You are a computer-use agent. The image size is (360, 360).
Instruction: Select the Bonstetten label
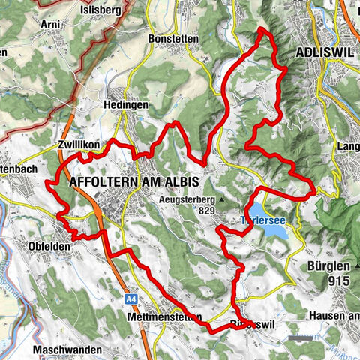172,37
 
